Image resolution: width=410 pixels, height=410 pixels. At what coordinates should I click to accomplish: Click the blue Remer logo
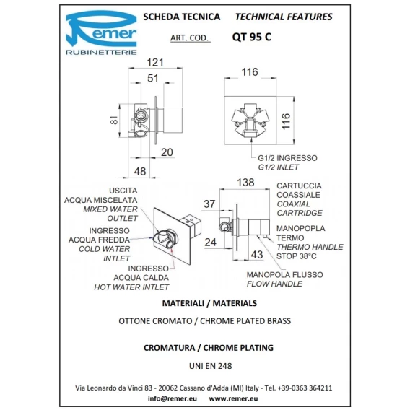(101, 32)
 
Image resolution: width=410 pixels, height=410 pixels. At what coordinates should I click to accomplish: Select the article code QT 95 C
(251, 37)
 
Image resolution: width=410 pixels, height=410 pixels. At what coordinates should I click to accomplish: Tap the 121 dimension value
(155, 63)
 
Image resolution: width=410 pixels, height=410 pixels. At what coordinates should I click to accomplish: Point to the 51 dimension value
(153, 78)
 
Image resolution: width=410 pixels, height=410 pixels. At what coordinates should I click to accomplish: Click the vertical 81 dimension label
(114, 120)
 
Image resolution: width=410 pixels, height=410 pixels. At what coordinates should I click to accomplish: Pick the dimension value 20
(167, 152)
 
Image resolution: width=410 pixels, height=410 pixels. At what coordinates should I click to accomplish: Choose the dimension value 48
(139, 172)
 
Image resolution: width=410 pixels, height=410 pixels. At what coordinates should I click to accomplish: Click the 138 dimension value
(245, 183)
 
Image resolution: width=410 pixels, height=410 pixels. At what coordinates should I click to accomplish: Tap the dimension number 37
(209, 204)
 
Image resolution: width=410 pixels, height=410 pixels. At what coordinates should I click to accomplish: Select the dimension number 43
(257, 254)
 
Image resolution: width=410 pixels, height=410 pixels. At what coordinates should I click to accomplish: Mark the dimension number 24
(211, 243)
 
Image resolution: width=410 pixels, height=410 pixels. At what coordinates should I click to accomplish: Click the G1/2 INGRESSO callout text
(287, 158)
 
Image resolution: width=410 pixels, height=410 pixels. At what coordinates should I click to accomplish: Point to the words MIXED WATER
(110, 209)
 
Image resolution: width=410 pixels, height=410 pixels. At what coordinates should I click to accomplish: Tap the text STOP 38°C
(296, 256)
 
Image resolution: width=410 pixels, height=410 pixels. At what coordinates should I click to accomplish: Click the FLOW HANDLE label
(274, 284)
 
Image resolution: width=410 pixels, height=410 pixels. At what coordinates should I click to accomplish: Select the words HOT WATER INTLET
(131, 287)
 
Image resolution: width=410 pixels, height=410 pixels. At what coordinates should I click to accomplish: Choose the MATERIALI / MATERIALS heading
(209, 303)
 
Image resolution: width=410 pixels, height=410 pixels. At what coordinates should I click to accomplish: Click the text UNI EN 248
(211, 366)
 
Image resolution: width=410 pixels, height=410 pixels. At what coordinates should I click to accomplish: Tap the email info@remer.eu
(173, 398)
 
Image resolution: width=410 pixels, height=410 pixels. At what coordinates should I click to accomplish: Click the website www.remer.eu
(233, 398)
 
